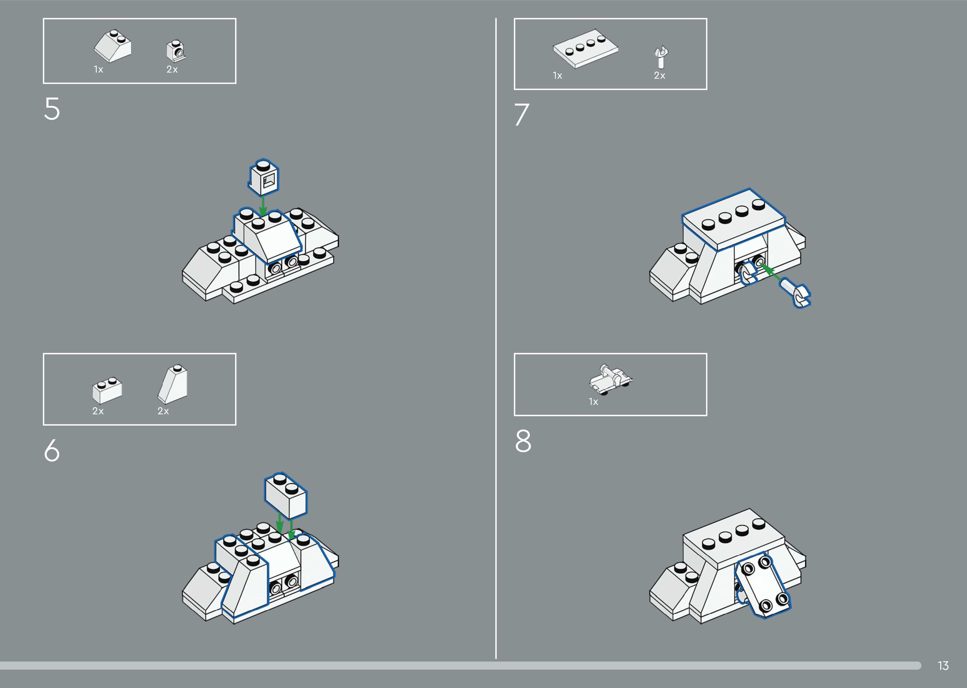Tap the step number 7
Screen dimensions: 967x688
pos(522,114)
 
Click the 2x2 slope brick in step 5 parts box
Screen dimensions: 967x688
pos(112,46)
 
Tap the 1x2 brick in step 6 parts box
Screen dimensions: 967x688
pos(107,390)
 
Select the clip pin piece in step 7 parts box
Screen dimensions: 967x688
pos(660,57)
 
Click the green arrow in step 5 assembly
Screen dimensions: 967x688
pos(263,206)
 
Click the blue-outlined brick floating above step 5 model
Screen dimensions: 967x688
pos(263,177)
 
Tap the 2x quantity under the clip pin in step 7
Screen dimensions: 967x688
pos(659,76)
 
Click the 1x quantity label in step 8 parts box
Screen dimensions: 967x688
pos(593,402)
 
